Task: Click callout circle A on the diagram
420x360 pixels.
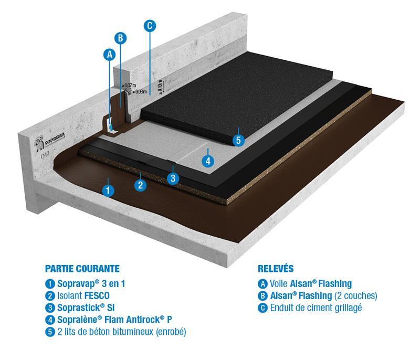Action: click(109, 54)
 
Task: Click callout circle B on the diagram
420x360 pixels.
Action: click(120, 37)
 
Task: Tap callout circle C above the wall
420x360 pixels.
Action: click(150, 25)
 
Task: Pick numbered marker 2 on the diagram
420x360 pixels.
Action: click(140, 184)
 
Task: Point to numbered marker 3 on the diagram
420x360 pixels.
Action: click(173, 178)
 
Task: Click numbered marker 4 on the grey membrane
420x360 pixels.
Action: click(208, 161)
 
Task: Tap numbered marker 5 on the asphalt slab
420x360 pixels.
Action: click(238, 140)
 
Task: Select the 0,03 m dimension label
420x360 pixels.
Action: click(138, 91)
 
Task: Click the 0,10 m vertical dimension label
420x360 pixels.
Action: click(160, 83)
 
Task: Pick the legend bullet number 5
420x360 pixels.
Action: click(50, 331)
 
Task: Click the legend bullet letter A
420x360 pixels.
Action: click(262, 283)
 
